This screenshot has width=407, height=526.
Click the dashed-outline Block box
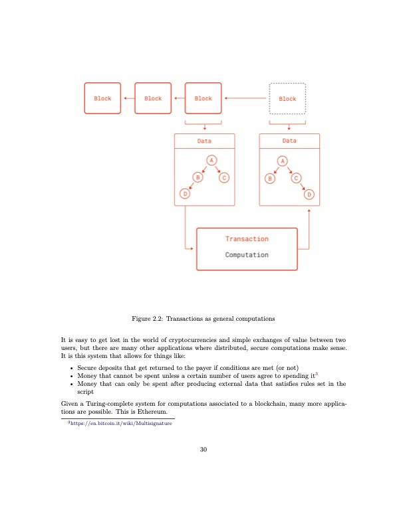[287, 98]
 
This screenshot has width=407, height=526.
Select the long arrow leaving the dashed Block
[246, 98]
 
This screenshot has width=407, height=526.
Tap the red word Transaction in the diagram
[247, 239]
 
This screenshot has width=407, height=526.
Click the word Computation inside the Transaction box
[247, 255]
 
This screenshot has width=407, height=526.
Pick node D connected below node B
[185, 193]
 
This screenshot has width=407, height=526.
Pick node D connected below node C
[309, 193]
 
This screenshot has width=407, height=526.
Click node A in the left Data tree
[211, 161]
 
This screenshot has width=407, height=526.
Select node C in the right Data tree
[296, 177]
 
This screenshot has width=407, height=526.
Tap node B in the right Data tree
[271, 177]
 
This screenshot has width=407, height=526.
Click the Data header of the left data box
[204, 141]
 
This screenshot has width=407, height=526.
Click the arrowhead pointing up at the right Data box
[309, 211]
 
